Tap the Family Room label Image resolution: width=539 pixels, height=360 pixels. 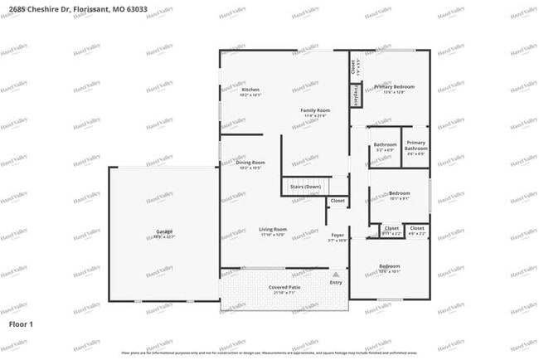[315, 110]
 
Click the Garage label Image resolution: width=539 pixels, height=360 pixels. [164, 231]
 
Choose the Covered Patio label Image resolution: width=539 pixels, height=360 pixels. [284, 287]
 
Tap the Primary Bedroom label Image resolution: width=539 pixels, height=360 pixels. [394, 86]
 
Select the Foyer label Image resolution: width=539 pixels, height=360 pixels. [337, 235]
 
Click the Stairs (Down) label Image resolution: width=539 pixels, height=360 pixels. [305, 187]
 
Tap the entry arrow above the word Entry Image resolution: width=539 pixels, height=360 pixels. [336, 274]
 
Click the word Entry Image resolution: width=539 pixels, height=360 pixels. [336, 283]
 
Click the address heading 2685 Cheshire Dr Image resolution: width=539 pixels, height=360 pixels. [58, 7]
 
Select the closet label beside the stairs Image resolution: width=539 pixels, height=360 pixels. [337, 201]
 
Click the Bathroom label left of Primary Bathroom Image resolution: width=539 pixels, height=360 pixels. [385, 145]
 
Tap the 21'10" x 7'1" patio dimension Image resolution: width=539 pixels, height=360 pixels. [284, 293]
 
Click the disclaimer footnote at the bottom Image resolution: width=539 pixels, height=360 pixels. [269, 353]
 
